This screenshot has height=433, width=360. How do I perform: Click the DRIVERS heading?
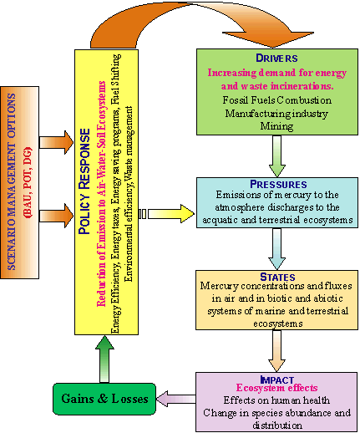[276, 58]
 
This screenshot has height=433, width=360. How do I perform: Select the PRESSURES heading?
[278, 184]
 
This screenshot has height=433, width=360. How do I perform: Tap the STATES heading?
[277, 277]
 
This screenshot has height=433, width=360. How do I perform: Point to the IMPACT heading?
[276, 380]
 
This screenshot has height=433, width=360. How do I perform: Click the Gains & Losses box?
[104, 399]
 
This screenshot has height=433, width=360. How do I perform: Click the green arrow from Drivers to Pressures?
[277, 156]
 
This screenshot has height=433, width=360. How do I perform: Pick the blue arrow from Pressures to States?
[277, 249]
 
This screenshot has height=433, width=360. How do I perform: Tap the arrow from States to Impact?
[276, 351]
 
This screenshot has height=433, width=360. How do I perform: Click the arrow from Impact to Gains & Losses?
[176, 399]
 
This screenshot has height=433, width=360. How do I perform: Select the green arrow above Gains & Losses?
[104, 359]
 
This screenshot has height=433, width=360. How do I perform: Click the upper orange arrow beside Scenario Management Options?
[57, 142]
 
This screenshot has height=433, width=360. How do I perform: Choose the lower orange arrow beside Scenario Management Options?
[57, 216]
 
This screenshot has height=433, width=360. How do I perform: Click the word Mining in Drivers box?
[276, 126]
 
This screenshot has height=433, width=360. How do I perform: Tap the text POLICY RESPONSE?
[84, 181]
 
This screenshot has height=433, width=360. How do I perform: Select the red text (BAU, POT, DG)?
[28, 182]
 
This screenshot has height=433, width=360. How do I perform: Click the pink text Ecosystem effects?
[276, 388]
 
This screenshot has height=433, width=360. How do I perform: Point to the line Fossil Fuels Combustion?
[277, 100]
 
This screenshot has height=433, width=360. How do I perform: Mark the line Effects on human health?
[276, 400]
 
